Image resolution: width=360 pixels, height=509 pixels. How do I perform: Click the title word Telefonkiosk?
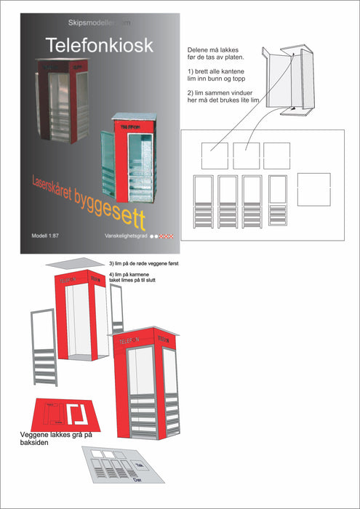[x=99, y=44]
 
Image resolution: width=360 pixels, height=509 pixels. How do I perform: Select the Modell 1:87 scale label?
[x=46, y=237]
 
